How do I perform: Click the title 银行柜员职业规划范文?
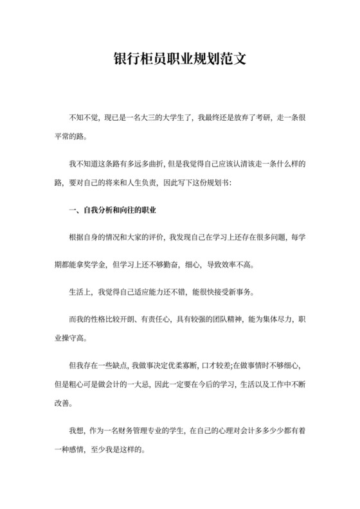179,60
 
